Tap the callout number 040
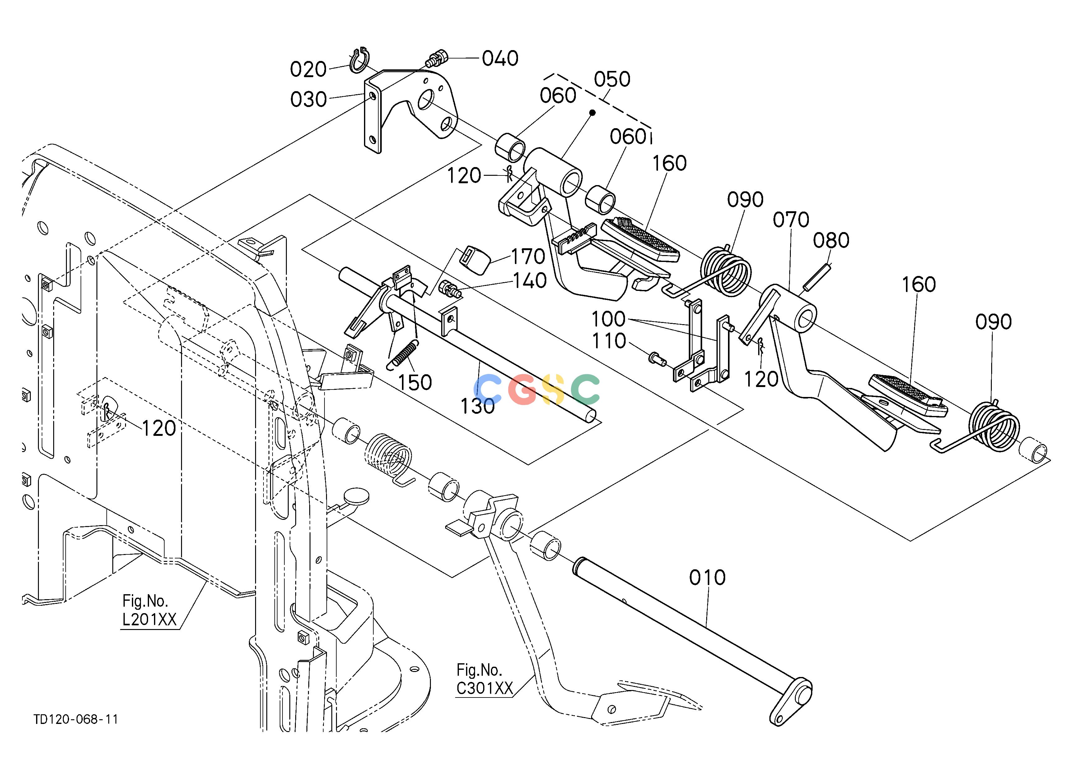(x=500, y=59)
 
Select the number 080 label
(x=831, y=241)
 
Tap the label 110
(x=609, y=341)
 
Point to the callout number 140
(x=530, y=281)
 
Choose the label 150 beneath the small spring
(x=415, y=383)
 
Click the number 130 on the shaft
(x=478, y=406)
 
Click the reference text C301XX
(x=485, y=689)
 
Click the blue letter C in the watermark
(x=490, y=389)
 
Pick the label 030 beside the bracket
(x=309, y=100)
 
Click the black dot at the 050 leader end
(x=591, y=113)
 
